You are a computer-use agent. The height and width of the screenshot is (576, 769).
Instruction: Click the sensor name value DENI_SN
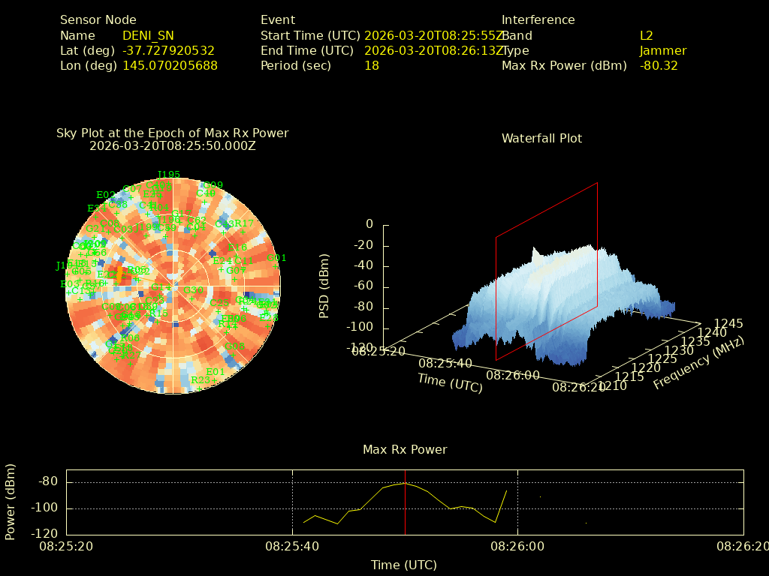(x=148, y=35)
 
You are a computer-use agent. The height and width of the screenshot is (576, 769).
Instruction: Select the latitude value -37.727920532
(x=168, y=50)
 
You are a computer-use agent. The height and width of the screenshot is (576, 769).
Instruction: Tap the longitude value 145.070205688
(x=170, y=65)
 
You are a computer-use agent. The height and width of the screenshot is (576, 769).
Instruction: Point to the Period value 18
(x=372, y=65)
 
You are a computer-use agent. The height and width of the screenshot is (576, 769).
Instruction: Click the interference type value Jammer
(x=663, y=50)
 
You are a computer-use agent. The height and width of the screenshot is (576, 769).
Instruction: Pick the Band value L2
(x=647, y=35)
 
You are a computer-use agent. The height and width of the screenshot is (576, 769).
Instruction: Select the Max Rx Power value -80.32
(x=659, y=65)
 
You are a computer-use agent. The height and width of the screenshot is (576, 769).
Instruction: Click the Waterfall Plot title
(x=541, y=138)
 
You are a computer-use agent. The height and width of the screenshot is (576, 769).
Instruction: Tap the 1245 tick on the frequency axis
(x=728, y=324)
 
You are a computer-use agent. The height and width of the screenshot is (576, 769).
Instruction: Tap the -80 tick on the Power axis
(x=48, y=481)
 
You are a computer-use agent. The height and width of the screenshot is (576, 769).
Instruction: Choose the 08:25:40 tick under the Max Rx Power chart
(x=292, y=547)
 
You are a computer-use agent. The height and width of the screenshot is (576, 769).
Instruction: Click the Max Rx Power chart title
(x=405, y=449)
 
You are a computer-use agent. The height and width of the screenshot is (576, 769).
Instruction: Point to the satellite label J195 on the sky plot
(x=169, y=175)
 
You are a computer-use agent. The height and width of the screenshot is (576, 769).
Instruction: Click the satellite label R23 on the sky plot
(x=201, y=380)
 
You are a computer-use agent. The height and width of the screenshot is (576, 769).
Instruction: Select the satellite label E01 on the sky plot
(x=216, y=371)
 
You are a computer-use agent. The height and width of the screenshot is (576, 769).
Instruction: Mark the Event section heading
(x=278, y=20)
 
